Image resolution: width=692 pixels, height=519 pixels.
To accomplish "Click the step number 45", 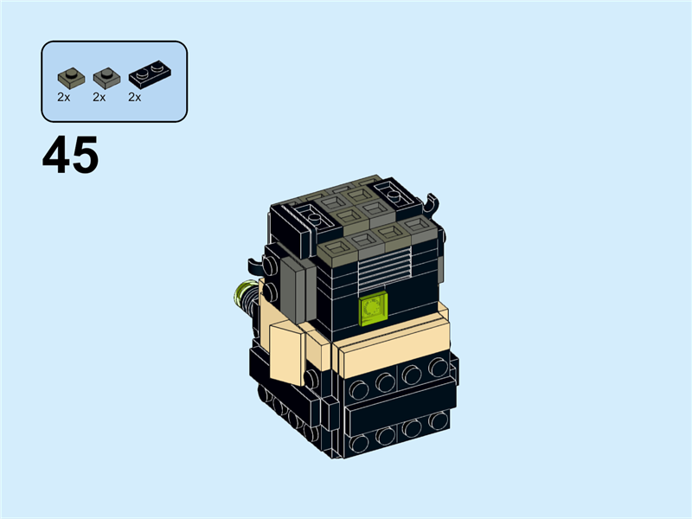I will (70, 157).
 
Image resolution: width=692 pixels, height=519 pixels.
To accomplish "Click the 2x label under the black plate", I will (134, 97).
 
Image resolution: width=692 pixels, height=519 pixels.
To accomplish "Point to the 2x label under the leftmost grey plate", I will (63, 97).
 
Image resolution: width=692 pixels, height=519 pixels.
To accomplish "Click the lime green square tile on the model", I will (374, 307).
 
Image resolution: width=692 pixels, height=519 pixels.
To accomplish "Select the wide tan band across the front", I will (394, 346).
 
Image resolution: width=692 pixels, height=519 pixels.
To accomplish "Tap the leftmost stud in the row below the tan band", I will (357, 384).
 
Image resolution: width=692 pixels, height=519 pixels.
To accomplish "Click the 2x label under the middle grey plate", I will (99, 97).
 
